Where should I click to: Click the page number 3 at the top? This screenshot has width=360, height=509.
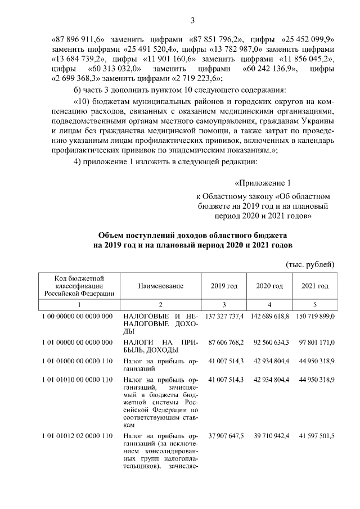(x=192, y=21)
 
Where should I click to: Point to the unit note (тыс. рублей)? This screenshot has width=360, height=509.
(x=310, y=264)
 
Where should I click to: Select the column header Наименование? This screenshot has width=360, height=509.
(x=161, y=286)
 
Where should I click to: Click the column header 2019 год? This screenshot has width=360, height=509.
(x=224, y=286)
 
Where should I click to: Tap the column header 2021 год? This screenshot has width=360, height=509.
(x=316, y=286)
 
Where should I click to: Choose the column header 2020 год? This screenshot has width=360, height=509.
(x=269, y=286)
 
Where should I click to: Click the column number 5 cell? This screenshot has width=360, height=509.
(x=316, y=304)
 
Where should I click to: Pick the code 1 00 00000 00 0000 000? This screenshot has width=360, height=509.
(x=79, y=317)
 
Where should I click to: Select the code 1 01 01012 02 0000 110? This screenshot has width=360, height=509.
(x=79, y=436)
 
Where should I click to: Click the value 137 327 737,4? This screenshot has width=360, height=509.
(x=224, y=317)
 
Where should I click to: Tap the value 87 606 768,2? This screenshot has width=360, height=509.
(x=226, y=341)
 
